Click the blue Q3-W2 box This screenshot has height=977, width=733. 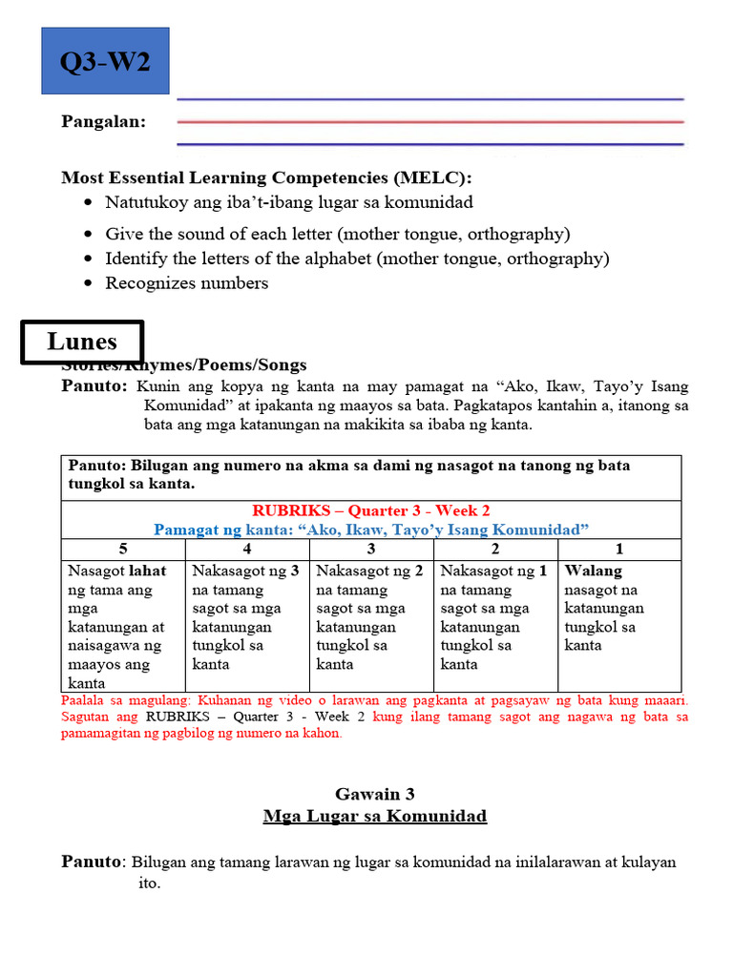tap(105, 61)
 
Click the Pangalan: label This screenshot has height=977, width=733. tap(104, 122)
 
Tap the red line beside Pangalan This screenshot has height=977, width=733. tap(430, 122)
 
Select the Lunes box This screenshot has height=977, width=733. tap(82, 342)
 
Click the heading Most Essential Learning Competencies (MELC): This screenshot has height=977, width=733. tap(266, 177)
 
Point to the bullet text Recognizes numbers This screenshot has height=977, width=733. tap(186, 282)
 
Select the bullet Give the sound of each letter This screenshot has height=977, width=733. tap(337, 234)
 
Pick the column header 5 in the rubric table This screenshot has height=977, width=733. tap(122, 549)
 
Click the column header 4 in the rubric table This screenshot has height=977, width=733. tap(247, 549)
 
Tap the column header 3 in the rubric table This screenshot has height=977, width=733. tap(371, 549)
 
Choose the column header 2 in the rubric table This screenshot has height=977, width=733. tap(495, 549)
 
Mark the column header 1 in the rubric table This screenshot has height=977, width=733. tap(619, 549)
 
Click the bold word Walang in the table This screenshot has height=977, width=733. tap(593, 571)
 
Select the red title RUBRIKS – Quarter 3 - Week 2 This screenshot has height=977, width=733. tap(371, 510)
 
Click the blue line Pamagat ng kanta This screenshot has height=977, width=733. tap(371, 529)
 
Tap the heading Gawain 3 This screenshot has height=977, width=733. tap(375, 793)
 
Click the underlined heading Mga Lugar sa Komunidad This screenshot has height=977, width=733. tap(375, 816)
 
